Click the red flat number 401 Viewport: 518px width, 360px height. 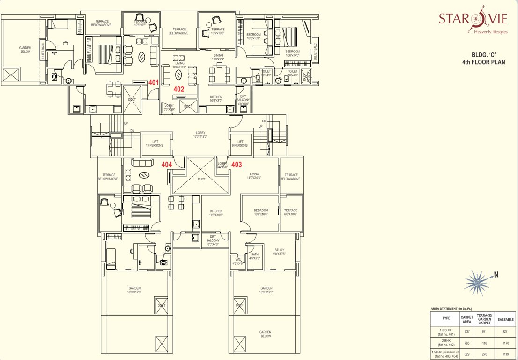[x=153, y=82]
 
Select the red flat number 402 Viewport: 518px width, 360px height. [x=178, y=89]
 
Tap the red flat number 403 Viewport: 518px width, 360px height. [x=237, y=165]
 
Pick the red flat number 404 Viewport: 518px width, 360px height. [x=166, y=165]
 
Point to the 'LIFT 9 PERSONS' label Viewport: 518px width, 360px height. [x=240, y=143]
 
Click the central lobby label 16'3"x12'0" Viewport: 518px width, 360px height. [x=200, y=135]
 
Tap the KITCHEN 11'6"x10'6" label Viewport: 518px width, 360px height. [x=216, y=213]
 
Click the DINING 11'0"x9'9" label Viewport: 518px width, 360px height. [x=218, y=57]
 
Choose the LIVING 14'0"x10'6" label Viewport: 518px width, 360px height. [x=254, y=175]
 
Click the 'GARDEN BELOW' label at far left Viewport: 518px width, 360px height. [x=25, y=50]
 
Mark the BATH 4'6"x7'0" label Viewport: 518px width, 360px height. [x=254, y=256]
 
